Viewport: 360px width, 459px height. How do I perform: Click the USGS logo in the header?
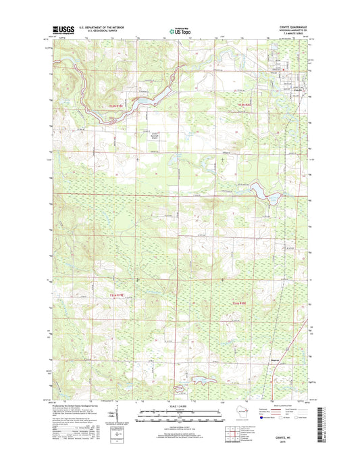(63, 30)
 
